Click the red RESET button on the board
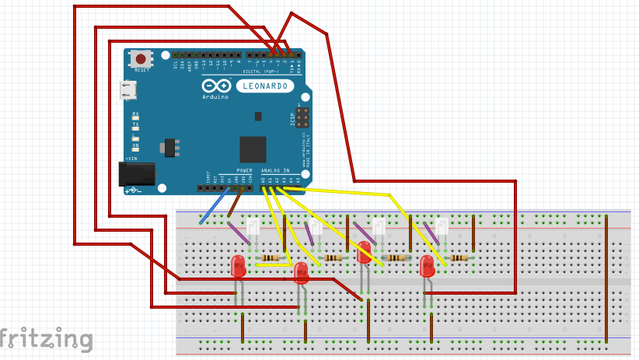(141, 59)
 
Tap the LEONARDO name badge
(264, 86)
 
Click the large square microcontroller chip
(253, 149)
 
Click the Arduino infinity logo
(216, 86)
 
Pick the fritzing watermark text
(47, 339)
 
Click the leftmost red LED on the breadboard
(239, 267)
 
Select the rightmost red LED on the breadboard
(427, 267)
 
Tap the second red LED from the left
(302, 272)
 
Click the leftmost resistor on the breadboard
(270, 257)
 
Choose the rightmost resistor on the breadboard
(458, 257)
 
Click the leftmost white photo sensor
(253, 227)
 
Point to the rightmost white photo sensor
(442, 227)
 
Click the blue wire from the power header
(215, 208)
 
